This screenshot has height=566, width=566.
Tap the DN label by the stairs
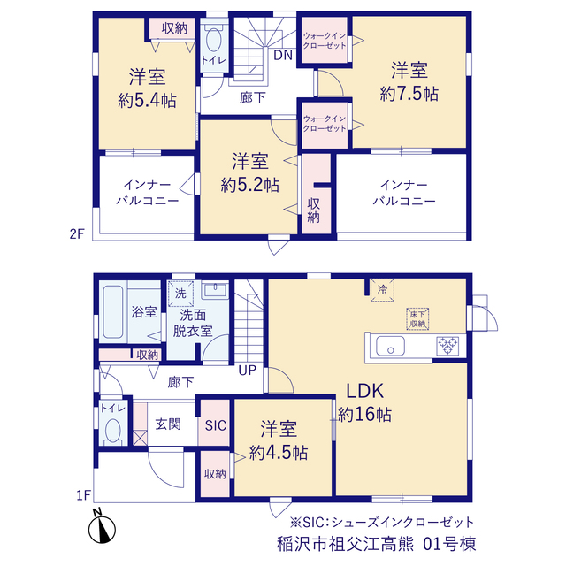click(283, 55)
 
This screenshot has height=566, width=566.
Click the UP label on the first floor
click(248, 370)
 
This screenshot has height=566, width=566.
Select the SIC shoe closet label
click(216, 425)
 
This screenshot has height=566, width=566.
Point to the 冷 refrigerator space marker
click(382, 289)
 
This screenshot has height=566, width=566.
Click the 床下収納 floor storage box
click(417, 318)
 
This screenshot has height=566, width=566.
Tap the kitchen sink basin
click(390, 346)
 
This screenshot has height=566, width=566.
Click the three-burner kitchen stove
click(447, 346)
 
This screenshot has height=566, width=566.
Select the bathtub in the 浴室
click(113, 312)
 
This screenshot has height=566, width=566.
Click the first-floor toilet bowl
click(113, 430)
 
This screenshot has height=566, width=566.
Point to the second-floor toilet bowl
click(214, 40)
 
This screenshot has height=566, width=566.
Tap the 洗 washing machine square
click(180, 294)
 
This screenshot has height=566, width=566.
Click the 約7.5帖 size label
click(409, 95)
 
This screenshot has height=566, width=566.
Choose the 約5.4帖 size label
click(148, 101)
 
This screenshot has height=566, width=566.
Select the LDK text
click(364, 391)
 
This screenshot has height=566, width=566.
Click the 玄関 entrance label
click(168, 424)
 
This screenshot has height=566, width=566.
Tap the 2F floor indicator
click(77, 234)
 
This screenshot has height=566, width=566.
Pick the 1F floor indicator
click(83, 495)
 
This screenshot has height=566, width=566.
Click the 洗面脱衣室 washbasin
click(215, 290)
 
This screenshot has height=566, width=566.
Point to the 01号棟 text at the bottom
click(449, 544)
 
